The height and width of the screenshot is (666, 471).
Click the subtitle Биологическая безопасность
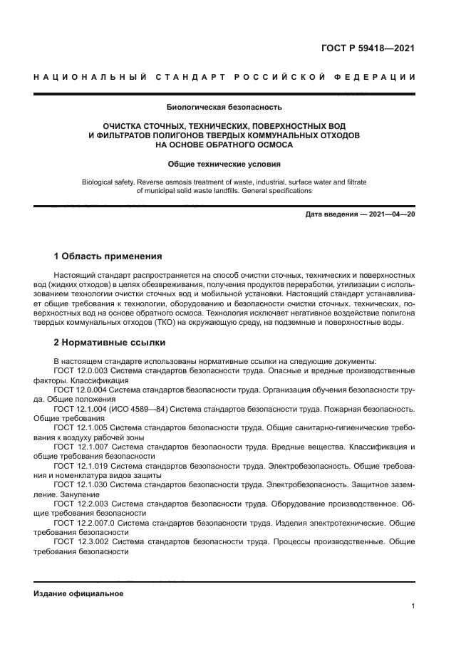pos(224,108)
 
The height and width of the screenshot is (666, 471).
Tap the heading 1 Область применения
pos(108,256)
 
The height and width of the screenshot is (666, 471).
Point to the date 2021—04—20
pos(390,214)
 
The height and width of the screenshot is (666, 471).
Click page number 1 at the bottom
pos(413,606)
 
